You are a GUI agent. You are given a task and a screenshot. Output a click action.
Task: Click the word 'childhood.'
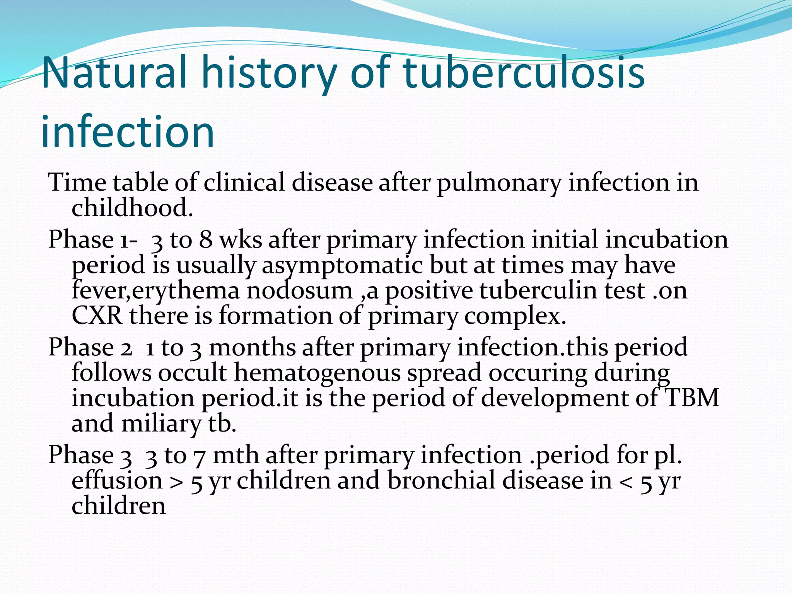(132, 208)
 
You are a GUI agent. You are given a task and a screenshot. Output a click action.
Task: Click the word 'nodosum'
(300, 291)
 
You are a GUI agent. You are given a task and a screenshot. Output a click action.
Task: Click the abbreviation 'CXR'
(97, 316)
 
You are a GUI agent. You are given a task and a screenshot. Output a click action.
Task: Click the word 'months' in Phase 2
(252, 347)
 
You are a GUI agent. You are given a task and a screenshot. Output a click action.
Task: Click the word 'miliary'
(161, 424)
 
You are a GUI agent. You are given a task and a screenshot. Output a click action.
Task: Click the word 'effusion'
(117, 481)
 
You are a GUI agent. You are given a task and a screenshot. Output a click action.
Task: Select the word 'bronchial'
(442, 481)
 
